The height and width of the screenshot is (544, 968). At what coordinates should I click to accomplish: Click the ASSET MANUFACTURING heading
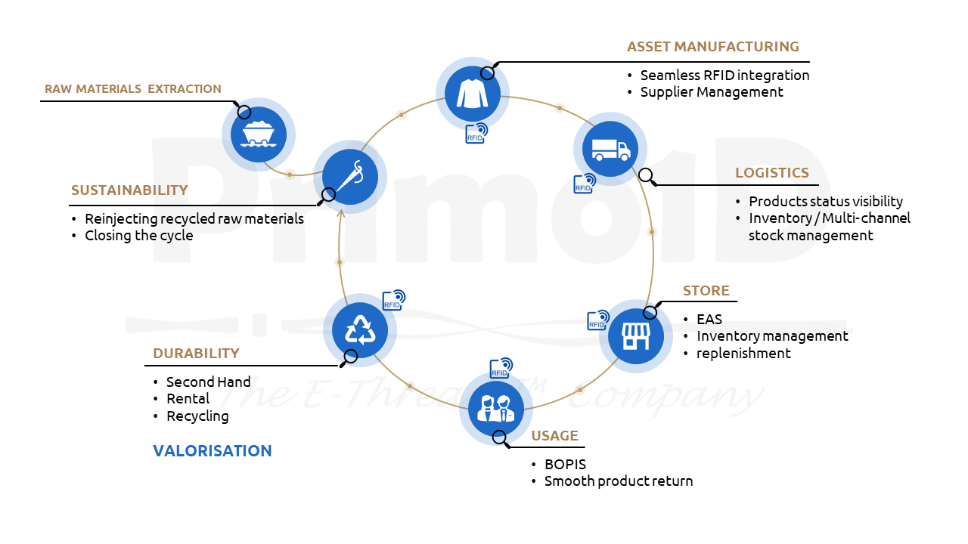[x=713, y=47]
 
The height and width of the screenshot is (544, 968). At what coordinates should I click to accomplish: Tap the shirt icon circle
[x=473, y=94]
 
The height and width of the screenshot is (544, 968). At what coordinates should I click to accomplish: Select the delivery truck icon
[x=610, y=149]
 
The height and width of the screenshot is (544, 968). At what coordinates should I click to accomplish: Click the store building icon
[x=636, y=336]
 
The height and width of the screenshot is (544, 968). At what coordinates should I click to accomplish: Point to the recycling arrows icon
[x=360, y=330]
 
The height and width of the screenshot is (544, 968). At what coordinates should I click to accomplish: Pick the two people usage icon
[x=495, y=409]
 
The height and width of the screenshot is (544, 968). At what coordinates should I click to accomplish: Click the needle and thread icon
[x=350, y=177]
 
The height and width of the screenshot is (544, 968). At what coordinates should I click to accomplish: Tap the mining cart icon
[x=259, y=134]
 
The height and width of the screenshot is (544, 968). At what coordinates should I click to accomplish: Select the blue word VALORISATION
[x=213, y=451]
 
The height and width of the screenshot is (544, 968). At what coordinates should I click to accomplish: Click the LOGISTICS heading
[x=772, y=173]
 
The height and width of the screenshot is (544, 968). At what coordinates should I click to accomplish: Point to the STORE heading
[x=706, y=291]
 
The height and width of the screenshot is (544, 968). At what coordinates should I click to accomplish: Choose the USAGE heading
[x=554, y=436]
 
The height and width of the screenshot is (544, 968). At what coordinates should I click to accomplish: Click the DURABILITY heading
[x=196, y=353]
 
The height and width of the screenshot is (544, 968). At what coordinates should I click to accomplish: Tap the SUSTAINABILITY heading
[x=129, y=190]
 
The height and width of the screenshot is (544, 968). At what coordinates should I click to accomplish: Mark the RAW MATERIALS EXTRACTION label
[x=132, y=89]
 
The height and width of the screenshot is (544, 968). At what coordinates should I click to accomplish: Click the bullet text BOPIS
[x=565, y=464]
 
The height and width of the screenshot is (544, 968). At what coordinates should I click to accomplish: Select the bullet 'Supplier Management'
[x=712, y=92]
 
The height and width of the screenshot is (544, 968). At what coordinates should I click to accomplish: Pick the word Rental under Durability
[x=188, y=398]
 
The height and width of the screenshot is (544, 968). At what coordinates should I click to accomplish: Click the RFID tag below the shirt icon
[x=476, y=134]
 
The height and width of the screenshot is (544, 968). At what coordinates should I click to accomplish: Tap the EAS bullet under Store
[x=709, y=319]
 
